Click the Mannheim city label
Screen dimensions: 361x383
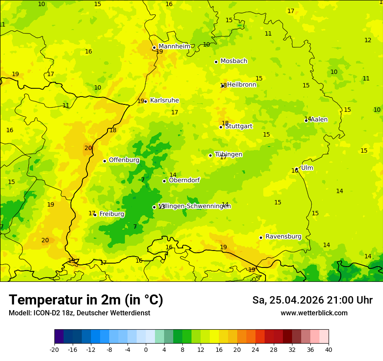(x=174, y=47)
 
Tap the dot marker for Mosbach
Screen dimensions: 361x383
(x=216, y=62)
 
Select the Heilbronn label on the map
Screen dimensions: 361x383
(x=242, y=85)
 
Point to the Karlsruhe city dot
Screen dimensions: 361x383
(x=146, y=101)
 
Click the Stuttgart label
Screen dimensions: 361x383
(x=239, y=126)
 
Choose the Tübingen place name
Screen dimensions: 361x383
(x=228, y=154)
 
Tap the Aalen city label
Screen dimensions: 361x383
(x=319, y=120)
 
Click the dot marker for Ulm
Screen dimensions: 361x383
(x=296, y=169)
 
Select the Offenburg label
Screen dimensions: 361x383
(x=124, y=160)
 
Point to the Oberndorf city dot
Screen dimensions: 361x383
(x=164, y=181)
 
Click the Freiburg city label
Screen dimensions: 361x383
(x=111, y=214)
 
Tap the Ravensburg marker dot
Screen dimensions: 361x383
(x=261, y=237)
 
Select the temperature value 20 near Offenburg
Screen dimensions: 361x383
(x=88, y=148)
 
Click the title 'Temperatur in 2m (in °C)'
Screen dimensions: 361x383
(x=86, y=300)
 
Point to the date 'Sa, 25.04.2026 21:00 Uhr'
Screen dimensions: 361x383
(x=312, y=300)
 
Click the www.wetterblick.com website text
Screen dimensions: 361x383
(x=314, y=313)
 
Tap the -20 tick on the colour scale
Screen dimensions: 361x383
(x=54, y=350)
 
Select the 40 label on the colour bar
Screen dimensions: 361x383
(x=328, y=350)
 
